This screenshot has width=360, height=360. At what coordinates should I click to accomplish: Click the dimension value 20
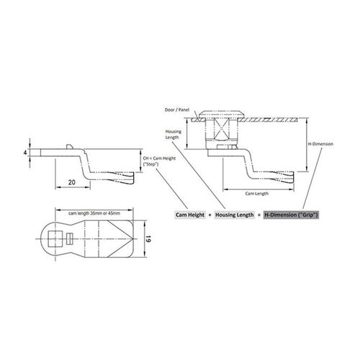click(x=72, y=182)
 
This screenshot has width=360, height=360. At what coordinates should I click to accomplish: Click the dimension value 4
click(x=25, y=152)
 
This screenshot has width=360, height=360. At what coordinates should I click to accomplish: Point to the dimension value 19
click(x=148, y=239)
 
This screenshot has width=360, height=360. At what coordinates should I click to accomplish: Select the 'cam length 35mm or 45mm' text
click(x=94, y=213)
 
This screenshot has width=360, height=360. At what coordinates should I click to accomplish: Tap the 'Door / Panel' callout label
click(x=177, y=110)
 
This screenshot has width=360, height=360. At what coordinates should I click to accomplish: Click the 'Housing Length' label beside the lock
click(x=174, y=135)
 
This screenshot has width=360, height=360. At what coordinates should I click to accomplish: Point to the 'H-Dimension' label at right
click(x=320, y=144)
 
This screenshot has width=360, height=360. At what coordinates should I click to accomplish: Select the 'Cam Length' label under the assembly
click(x=257, y=194)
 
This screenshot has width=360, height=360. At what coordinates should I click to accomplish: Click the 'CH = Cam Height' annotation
click(x=159, y=158)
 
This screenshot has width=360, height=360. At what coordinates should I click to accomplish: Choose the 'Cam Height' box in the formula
click(x=190, y=215)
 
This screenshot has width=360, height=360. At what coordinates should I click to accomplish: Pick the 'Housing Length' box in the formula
click(x=234, y=215)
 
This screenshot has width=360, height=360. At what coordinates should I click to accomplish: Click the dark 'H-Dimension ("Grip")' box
click(x=291, y=215)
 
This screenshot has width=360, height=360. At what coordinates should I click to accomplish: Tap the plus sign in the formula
click(x=210, y=215)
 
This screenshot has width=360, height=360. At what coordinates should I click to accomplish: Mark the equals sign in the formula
click(x=258, y=215)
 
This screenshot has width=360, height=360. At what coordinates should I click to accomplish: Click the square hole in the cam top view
click(x=55, y=239)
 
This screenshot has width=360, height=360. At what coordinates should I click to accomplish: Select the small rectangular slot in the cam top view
click(x=69, y=239)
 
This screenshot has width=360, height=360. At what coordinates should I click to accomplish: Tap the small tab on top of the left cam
click(x=69, y=146)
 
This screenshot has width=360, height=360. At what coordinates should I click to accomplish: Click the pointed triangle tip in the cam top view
click(x=132, y=239)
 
